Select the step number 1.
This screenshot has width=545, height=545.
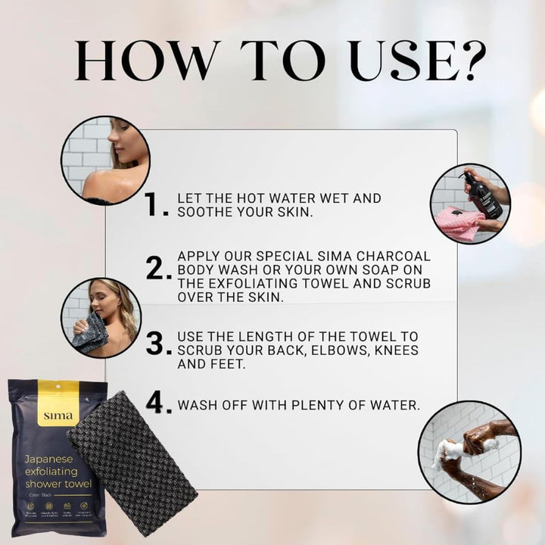155,204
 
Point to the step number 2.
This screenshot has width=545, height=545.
155,268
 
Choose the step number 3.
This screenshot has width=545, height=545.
155,344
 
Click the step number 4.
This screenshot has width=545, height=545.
155,403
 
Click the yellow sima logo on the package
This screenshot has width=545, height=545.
58,413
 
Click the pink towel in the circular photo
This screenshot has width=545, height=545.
458,223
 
